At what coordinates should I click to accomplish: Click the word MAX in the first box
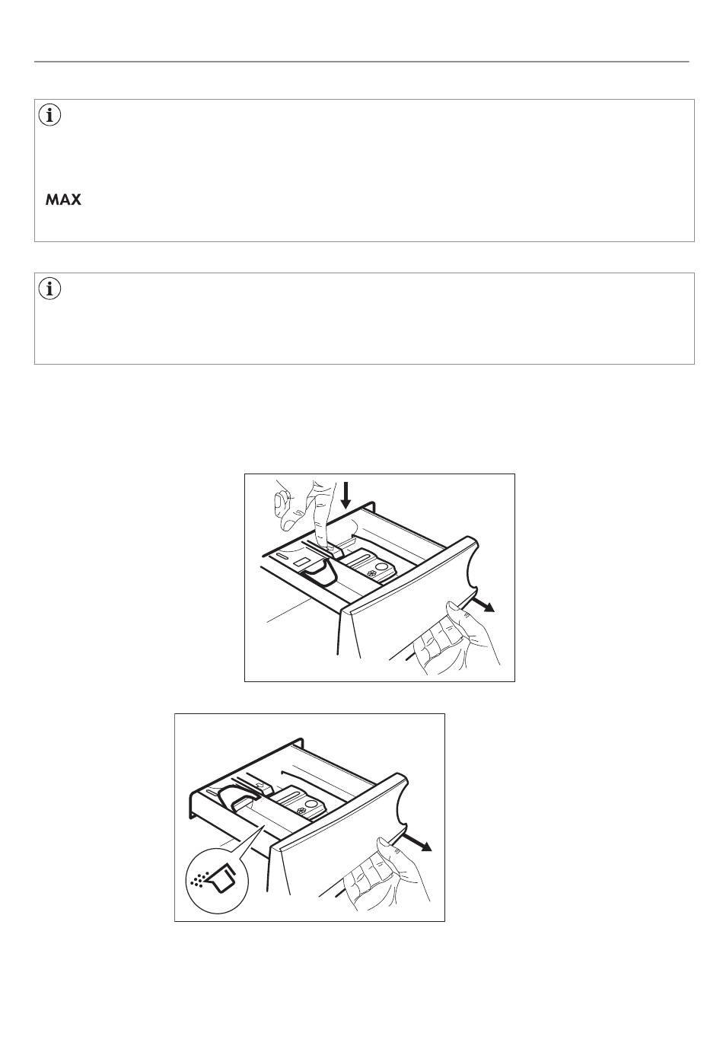(63, 200)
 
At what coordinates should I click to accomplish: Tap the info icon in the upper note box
(49, 116)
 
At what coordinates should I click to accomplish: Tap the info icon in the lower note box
(49, 289)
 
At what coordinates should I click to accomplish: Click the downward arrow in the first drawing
(346, 495)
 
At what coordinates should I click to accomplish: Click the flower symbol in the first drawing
(372, 575)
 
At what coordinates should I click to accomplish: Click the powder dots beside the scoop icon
(198, 879)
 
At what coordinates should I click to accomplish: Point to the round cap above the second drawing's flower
(311, 805)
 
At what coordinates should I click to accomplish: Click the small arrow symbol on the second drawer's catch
(263, 787)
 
